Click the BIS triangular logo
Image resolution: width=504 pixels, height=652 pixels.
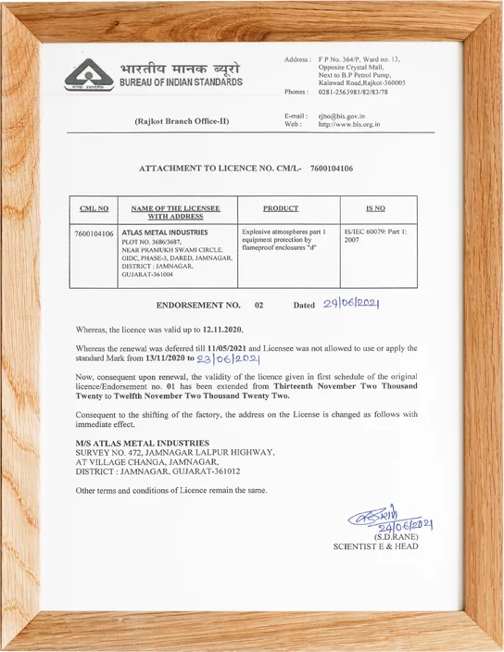tap(88, 75)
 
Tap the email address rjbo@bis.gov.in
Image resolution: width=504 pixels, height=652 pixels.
tap(345, 115)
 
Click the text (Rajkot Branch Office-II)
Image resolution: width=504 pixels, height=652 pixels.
tap(181, 121)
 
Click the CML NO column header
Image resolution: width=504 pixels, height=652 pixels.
tap(94, 209)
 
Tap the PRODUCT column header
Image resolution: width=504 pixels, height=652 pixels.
tap(281, 209)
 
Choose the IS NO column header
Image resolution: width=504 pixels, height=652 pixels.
tap(375, 209)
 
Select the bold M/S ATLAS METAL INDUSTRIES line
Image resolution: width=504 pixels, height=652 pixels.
tap(143, 443)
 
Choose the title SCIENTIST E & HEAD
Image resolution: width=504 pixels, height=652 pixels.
tap(375, 546)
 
